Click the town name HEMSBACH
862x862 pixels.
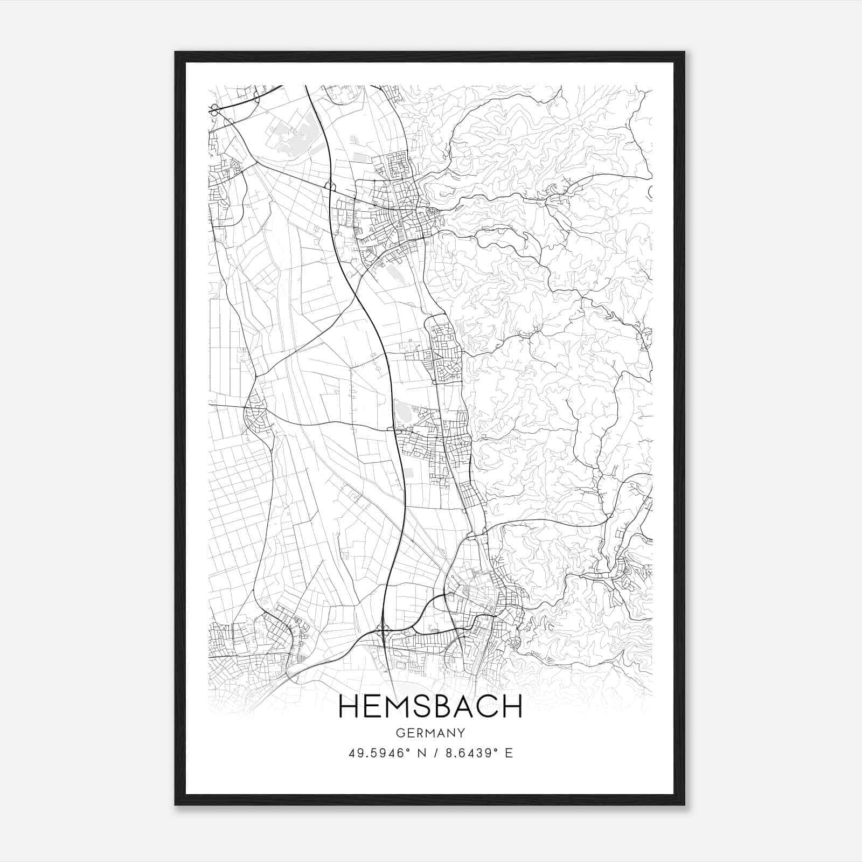click(430, 706)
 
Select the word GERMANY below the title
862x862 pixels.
click(430, 733)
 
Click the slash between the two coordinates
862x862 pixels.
click(434, 753)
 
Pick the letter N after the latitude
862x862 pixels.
click(421, 753)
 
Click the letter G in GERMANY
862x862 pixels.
click(399, 733)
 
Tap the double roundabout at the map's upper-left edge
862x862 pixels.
click(214, 110)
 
